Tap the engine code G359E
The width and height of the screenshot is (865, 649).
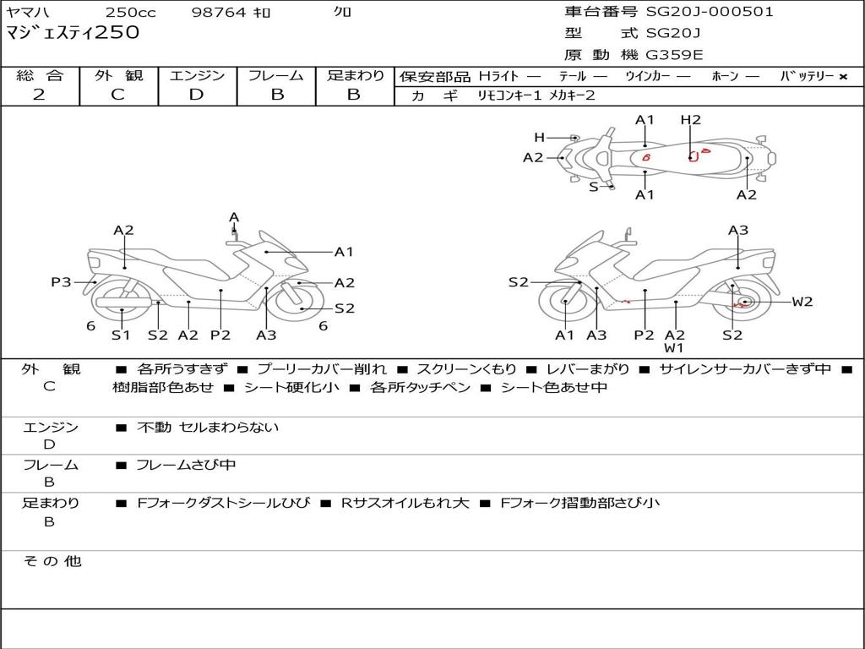point(675,55)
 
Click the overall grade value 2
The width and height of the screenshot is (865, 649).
point(39,95)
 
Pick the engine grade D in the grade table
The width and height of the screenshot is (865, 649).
point(196,95)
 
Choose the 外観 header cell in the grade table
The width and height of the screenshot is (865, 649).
point(118,76)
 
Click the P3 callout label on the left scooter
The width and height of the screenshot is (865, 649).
point(61,282)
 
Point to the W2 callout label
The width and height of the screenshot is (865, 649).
point(802,302)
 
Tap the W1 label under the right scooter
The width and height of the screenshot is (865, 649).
point(673,348)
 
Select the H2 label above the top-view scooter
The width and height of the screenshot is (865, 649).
point(690,120)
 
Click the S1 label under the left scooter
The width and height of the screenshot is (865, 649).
point(122,335)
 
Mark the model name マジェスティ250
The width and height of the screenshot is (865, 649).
point(73,33)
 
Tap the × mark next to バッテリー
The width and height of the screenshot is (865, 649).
point(842,77)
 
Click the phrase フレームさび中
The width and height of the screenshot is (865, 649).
point(186,465)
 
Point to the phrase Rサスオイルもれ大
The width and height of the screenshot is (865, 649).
point(405,503)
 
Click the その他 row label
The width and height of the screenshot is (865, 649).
point(52,561)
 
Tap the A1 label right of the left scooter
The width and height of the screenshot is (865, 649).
point(344,252)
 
